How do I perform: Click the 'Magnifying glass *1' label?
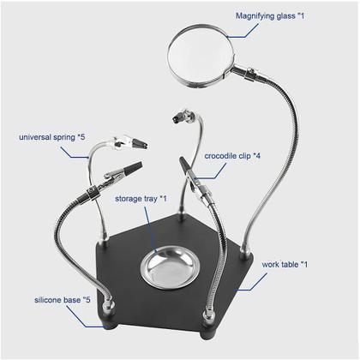pyautogui.click(x=270, y=16)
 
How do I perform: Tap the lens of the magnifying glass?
pyautogui.click(x=201, y=55)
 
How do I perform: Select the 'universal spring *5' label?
pyautogui.click(x=52, y=137)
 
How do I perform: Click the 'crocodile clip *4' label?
pyautogui.click(x=232, y=156)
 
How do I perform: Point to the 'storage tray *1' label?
pyautogui.click(x=141, y=199)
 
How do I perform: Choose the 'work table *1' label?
pyautogui.click(x=285, y=265)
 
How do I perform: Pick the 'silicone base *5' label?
pyautogui.click(x=63, y=300)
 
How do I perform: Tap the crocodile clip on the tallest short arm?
pyautogui.click(x=183, y=116)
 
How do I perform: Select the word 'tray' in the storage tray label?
pyautogui.click(x=149, y=199)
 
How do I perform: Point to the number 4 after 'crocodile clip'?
pyautogui.click(x=258, y=156)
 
